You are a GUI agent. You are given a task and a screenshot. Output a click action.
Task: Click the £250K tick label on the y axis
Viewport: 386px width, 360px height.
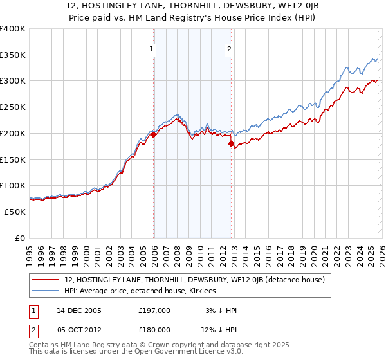(x=13, y=107)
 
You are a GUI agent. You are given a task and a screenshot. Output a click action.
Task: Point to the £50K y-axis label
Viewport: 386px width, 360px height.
(x=15, y=212)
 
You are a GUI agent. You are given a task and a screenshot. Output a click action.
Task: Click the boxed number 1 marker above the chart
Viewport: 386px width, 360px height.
(x=152, y=48)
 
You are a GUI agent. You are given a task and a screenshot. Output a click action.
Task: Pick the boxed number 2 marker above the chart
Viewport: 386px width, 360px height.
(x=229, y=48)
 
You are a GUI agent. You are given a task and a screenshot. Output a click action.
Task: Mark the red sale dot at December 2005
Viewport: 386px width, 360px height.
(x=154, y=135)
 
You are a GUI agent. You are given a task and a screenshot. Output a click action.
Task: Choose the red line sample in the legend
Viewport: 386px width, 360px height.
(x=46, y=280)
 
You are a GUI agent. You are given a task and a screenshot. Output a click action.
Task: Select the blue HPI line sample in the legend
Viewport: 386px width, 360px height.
(x=46, y=291)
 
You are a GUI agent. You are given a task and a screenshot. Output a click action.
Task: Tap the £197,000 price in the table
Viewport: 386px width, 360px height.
(x=154, y=310)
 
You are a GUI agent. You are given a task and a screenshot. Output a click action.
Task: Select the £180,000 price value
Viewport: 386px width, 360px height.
(x=154, y=329)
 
